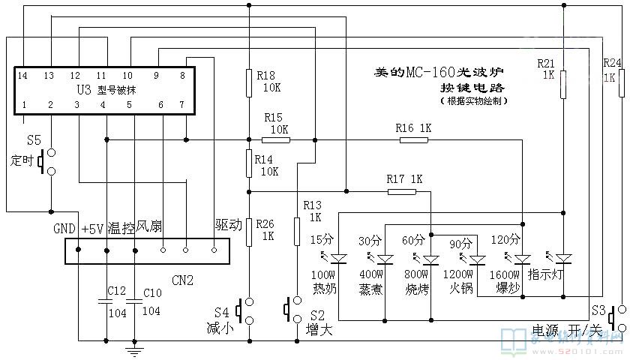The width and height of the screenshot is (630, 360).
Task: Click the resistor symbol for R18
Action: pyautogui.click(x=248, y=82)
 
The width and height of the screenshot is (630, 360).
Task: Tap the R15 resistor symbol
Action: pyautogui.click(x=275, y=139)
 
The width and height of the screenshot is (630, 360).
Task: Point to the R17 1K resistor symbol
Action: pyautogui.click(x=401, y=191)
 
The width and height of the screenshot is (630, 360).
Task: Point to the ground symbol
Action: pyautogui.click(x=134, y=346)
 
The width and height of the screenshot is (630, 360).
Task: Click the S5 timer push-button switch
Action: pyautogui.click(x=48, y=161)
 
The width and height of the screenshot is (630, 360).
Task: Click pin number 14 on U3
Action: pyautogui.click(x=23, y=76)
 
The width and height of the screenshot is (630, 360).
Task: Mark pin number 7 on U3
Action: pyautogui.click(x=182, y=104)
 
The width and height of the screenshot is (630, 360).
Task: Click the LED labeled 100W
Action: pyautogui.click(x=340, y=259)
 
